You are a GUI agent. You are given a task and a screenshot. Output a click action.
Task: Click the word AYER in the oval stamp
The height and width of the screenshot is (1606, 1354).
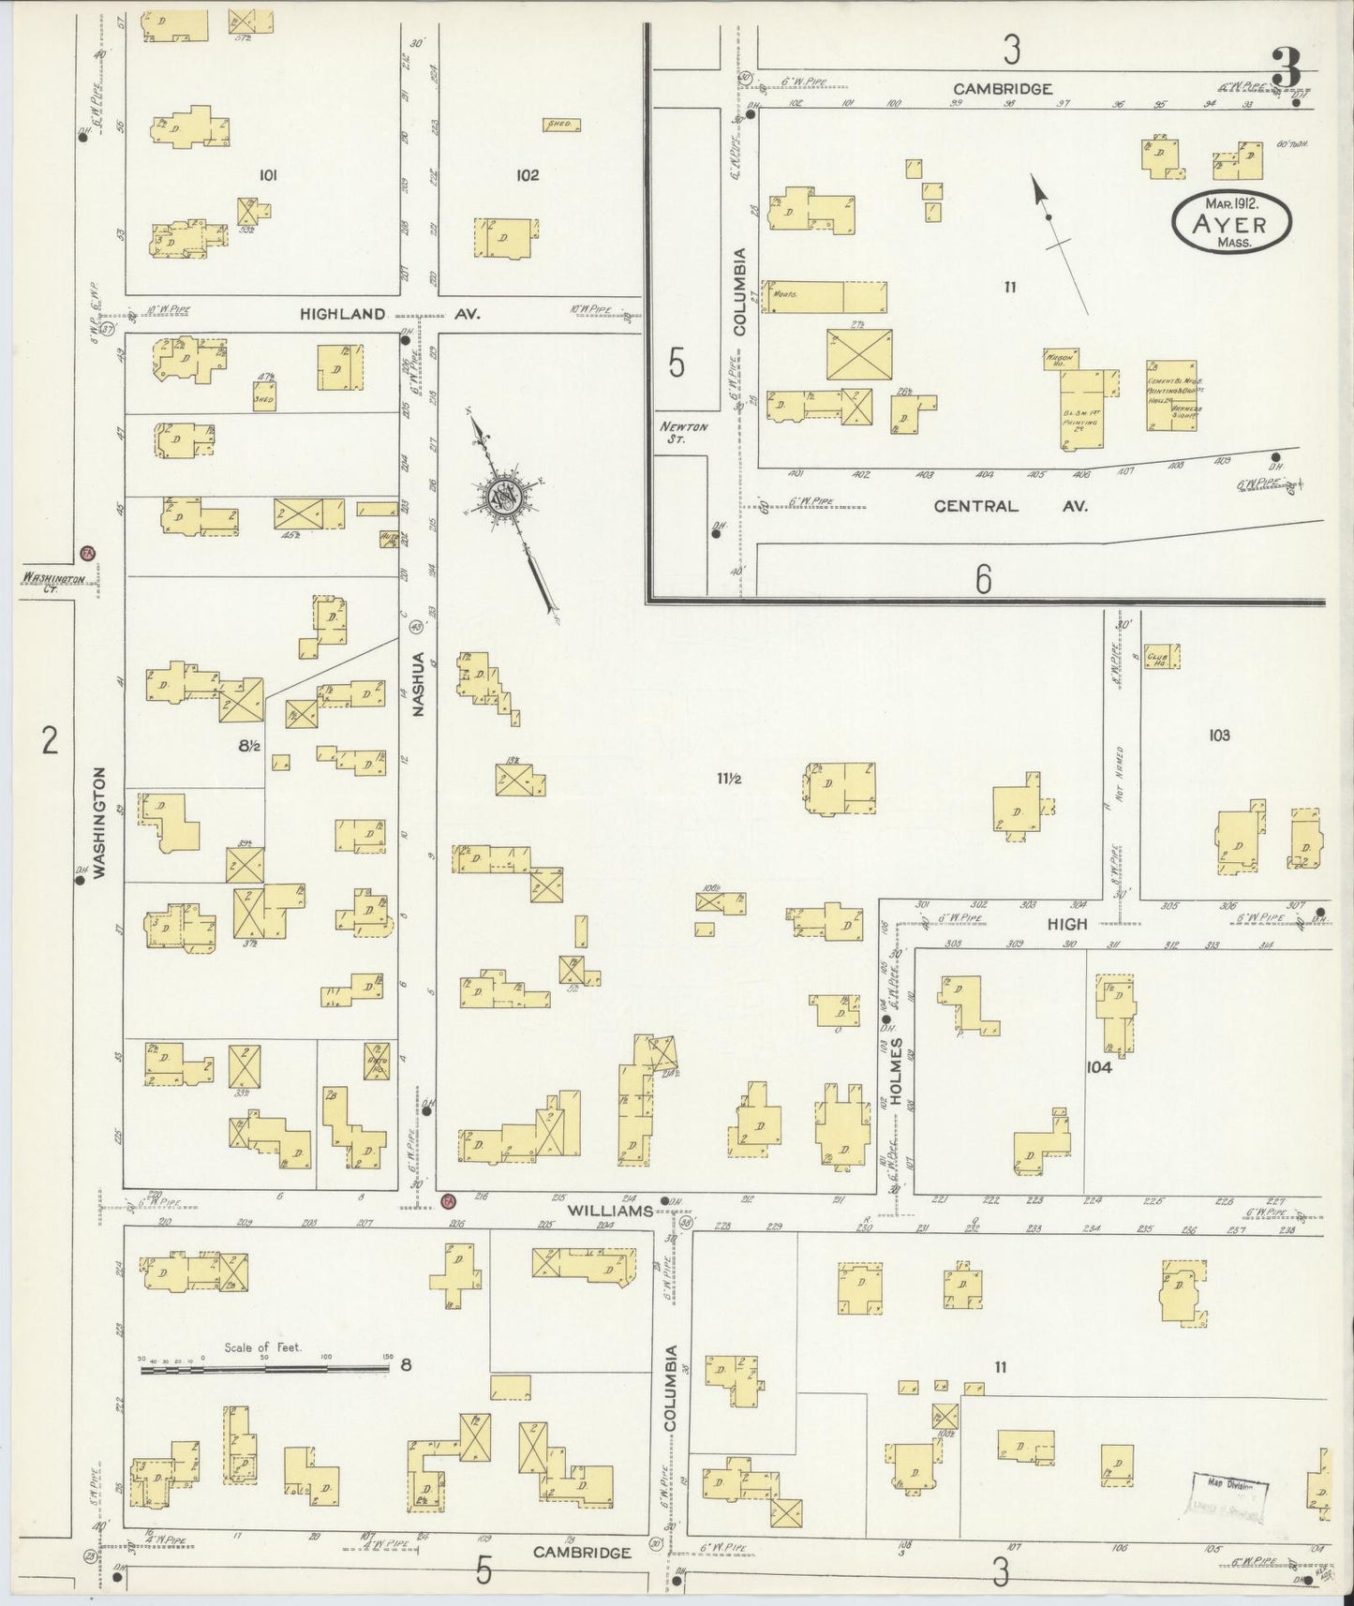1231,224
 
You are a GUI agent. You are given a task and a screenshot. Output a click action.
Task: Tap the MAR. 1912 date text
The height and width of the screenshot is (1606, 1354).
1231,202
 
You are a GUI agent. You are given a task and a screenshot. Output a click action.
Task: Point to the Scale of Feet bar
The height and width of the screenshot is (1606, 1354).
264,1369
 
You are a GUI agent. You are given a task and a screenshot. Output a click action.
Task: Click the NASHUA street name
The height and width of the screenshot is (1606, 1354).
418,684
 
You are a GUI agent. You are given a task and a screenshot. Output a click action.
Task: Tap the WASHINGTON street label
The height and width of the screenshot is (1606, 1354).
99,822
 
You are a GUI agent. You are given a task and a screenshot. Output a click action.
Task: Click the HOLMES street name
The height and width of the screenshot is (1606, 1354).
896,1070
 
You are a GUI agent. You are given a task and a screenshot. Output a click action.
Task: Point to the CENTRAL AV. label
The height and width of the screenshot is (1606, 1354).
1011,506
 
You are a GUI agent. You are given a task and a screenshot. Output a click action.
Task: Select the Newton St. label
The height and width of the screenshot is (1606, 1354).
683,432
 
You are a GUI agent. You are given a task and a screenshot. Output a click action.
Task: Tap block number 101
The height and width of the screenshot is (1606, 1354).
269,174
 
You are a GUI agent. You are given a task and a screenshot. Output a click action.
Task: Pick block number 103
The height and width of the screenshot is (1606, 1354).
1218,736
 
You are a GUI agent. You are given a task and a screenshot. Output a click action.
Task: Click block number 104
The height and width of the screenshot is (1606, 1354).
1098,1066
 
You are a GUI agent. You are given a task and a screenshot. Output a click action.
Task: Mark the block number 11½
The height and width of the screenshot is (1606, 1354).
730,777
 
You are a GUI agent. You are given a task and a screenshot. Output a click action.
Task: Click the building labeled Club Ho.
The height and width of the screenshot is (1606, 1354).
1162,657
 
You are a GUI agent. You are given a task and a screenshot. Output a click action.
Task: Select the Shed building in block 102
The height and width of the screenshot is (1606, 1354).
562,124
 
